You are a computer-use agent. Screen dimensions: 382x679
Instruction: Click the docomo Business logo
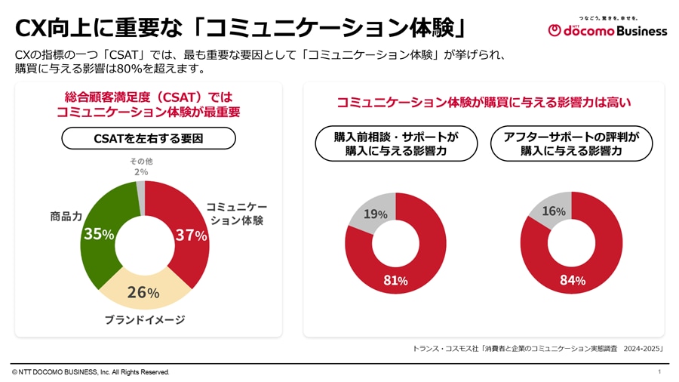point(607,29)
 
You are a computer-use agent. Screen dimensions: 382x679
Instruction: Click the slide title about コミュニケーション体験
point(241,28)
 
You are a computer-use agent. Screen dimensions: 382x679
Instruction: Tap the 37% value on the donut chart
point(190,235)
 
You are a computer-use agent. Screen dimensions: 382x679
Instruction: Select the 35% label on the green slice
point(98,234)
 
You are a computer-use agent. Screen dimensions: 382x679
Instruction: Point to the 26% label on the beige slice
point(143,292)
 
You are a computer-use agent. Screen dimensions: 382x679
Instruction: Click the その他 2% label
point(140,166)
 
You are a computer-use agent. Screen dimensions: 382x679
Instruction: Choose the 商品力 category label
point(66,216)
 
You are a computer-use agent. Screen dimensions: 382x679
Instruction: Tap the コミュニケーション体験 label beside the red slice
point(236,213)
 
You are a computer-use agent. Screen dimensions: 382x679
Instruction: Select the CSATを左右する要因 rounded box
point(148,138)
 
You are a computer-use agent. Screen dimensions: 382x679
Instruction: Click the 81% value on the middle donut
point(395,280)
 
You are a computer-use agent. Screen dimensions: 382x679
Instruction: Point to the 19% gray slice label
point(375,214)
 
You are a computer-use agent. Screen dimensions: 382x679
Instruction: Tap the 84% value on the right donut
point(573,280)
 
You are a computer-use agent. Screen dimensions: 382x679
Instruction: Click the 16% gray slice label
point(554,211)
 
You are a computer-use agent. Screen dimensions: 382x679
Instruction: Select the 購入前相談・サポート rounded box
point(396,143)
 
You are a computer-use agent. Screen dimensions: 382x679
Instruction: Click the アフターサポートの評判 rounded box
point(571,143)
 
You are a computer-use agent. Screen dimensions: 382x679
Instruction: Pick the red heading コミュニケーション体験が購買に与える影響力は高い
point(484,102)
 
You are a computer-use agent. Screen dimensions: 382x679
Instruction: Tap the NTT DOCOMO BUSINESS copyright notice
point(91,372)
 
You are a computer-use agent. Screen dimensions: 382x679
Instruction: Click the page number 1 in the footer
point(659,371)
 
